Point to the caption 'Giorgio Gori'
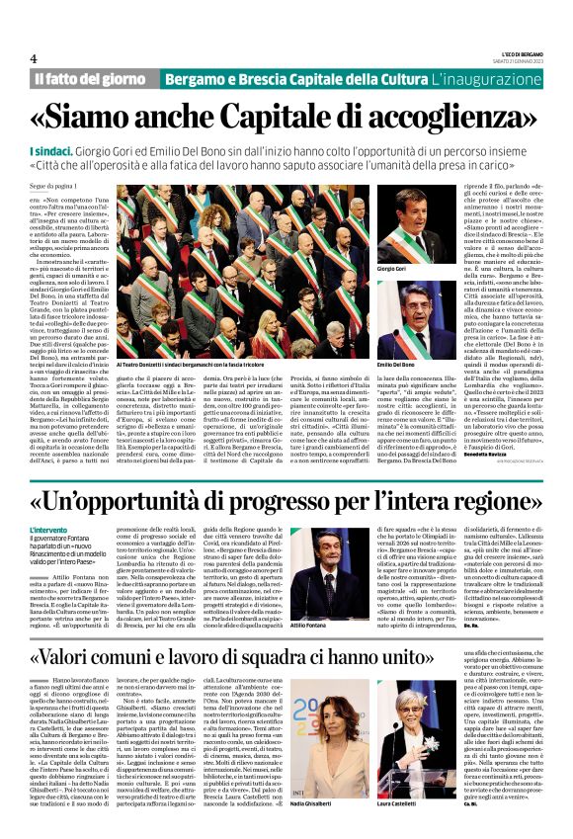392,269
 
